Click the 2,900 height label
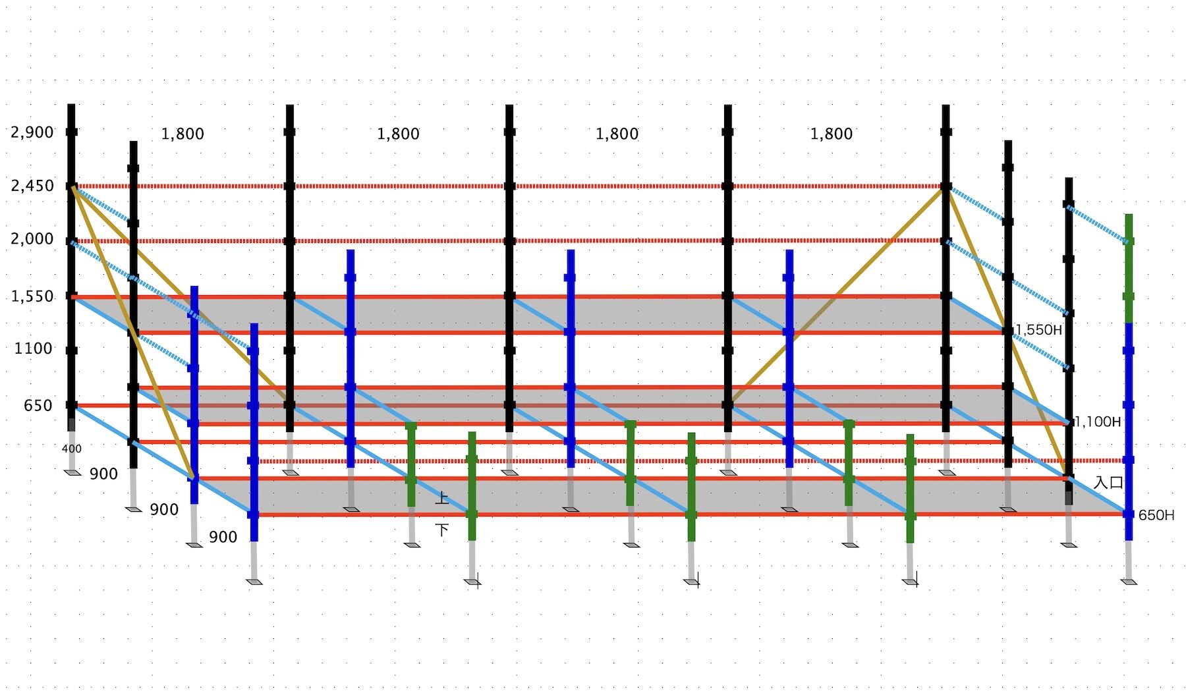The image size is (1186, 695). tap(32, 132)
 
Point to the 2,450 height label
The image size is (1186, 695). tap(32, 186)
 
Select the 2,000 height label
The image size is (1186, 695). tap(32, 239)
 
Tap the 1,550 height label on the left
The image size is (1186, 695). tap(32, 296)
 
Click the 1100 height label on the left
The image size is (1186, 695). tap(34, 348)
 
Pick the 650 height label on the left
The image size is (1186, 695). tap(38, 406)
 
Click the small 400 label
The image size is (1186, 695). tap(71, 449)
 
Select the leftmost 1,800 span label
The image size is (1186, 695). tap(183, 134)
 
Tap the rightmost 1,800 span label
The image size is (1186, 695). tap(831, 134)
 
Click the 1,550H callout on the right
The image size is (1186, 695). tap(1039, 330)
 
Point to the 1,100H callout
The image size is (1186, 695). tap(1098, 422)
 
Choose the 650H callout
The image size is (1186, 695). tap(1156, 515)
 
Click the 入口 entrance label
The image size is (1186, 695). tap(1108, 482)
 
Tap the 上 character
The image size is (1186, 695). tap(442, 497)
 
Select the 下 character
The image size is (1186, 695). tap(442, 529)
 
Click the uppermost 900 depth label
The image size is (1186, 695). tap(103, 474)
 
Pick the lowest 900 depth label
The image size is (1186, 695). tap(223, 538)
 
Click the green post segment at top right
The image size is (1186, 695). tap(1128, 267)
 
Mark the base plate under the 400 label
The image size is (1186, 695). tap(72, 472)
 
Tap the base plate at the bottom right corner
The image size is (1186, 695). tap(1129, 582)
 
